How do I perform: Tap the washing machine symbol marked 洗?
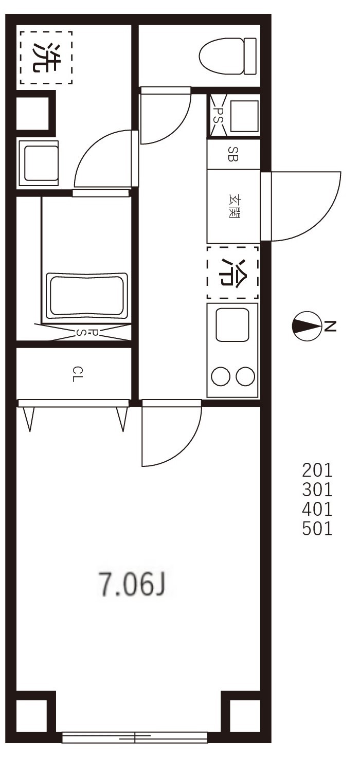(46, 57)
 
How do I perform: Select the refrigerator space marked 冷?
(232, 273)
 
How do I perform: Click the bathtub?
(86, 296)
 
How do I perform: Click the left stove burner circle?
(221, 377)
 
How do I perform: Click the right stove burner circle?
(245, 377)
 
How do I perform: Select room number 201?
(317, 470)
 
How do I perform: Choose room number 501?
(317, 529)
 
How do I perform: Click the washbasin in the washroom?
(39, 162)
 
